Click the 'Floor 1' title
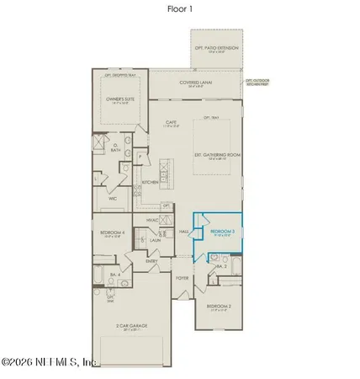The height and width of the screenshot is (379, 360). pos(179,8)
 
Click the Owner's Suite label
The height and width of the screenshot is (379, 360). pos(121,100)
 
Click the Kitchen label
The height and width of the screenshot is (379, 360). pos(151,182)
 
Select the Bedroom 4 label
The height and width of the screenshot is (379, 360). pos(112,234)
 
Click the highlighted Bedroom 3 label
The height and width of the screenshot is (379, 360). pos(222,231)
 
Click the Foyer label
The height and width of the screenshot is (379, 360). pos(182,276)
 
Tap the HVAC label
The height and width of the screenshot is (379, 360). pos(152,220)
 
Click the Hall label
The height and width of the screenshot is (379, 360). pos(184,232)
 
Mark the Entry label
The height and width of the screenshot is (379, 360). pos(151,260)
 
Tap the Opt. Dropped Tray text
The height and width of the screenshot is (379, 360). pos(121,76)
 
